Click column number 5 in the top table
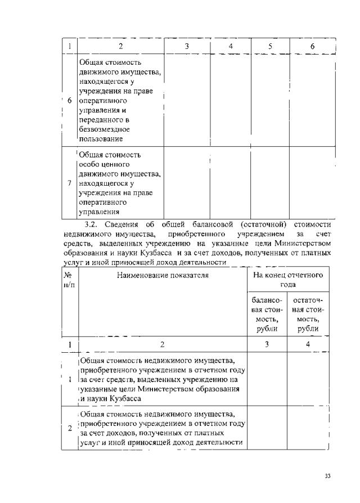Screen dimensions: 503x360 (271, 46)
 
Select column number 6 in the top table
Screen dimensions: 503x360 (312, 46)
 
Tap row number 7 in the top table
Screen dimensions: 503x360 (69, 183)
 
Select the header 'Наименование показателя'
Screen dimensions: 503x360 (163, 275)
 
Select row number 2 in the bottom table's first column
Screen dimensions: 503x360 (69, 428)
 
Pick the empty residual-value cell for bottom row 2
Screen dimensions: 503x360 (308, 428)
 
